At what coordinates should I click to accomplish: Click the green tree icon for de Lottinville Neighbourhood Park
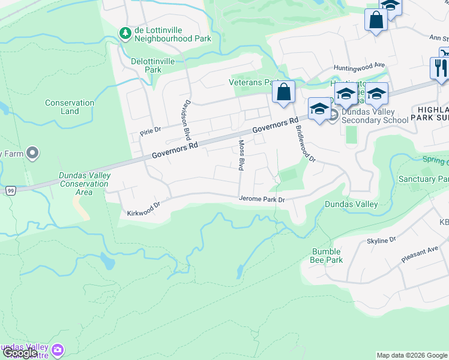coord(125,33)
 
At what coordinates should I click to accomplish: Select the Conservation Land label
coord(70,107)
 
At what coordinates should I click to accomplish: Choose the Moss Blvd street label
coord(241,154)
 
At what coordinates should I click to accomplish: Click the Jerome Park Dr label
coord(261,199)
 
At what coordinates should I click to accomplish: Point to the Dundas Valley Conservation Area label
coord(84,184)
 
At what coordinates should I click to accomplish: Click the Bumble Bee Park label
coord(327,256)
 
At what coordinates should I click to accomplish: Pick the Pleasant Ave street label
coord(420,256)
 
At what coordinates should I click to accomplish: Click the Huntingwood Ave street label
coord(360,65)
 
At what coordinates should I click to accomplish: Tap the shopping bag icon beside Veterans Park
coord(283,92)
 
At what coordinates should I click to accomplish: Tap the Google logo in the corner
coord(19,353)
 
